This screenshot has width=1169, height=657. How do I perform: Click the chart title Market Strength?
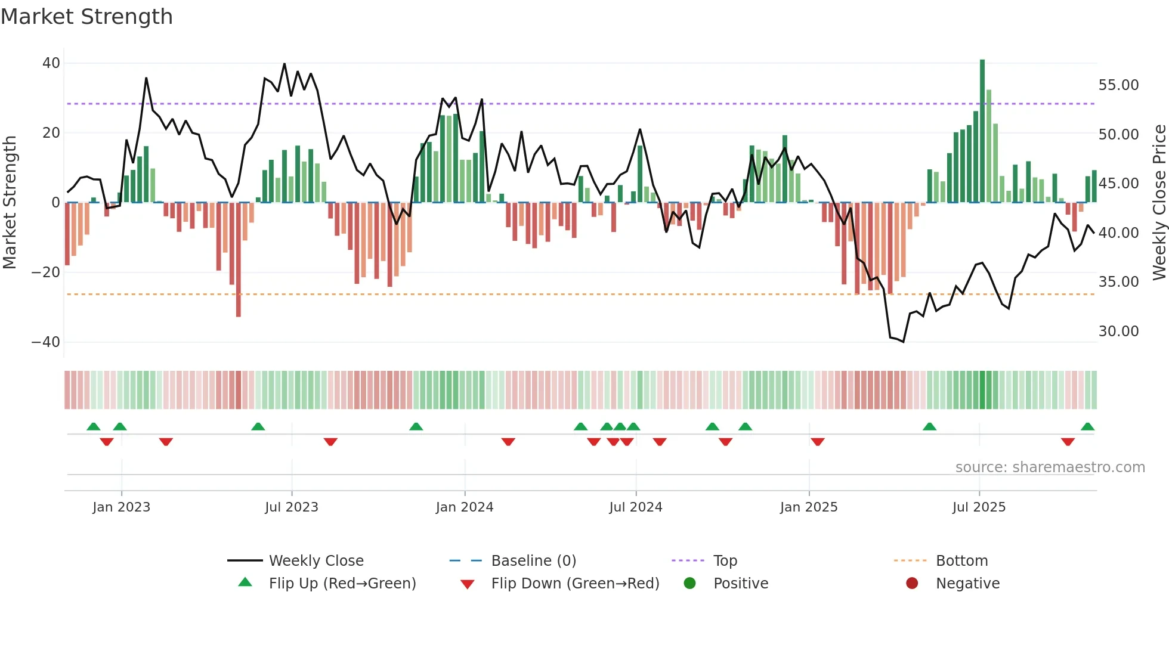[x=86, y=17]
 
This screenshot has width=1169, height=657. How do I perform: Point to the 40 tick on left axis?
[x=51, y=63]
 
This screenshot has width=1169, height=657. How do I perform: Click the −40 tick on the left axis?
[x=46, y=342]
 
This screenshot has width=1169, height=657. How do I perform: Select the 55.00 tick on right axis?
[x=1118, y=85]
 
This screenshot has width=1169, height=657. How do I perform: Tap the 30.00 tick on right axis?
[x=1118, y=331]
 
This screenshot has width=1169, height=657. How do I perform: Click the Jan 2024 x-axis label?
[x=465, y=507]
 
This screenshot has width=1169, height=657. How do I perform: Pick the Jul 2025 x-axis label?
[x=979, y=507]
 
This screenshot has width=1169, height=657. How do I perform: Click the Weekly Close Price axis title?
[x=1159, y=203]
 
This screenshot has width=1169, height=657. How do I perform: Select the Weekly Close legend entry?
[x=316, y=561]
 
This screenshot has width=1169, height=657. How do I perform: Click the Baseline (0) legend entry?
[x=533, y=561]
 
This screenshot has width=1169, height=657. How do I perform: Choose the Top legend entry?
[x=725, y=561]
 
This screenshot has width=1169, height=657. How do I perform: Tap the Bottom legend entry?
[x=961, y=561]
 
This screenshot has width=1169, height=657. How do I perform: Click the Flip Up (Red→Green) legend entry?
[x=342, y=584]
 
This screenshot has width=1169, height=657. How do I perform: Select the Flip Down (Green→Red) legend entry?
[x=575, y=584]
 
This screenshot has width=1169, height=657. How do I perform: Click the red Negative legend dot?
[x=912, y=583]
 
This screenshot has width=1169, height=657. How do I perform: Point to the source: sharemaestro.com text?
[x=1050, y=467]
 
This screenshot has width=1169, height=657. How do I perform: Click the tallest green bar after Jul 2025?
[x=982, y=131]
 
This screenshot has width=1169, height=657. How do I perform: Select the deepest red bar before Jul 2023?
[x=239, y=259]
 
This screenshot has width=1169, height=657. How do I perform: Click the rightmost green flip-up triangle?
[x=1087, y=427]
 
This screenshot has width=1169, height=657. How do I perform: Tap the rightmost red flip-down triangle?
[x=1068, y=442]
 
